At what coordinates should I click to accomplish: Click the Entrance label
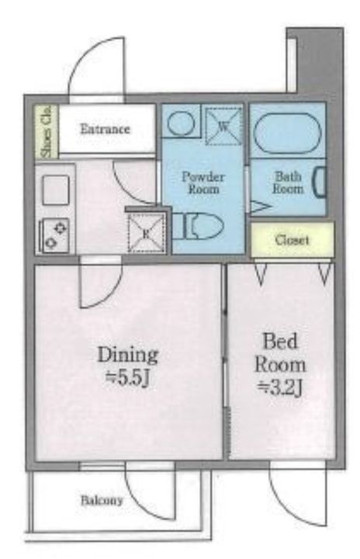coord(105,129)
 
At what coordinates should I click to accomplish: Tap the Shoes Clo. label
coord(47,132)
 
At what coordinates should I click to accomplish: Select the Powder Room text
coord(203,182)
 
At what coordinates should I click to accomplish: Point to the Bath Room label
coord(288,182)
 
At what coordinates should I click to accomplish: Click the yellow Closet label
coord(292,240)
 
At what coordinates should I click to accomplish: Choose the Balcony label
coord(102,501)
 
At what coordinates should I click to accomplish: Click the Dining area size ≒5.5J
coord(127,380)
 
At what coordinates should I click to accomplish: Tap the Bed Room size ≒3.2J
coord(280,389)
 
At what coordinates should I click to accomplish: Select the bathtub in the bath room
coord(287,134)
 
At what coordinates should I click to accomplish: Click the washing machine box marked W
coord(223,126)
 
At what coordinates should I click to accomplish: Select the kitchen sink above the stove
coord(56,190)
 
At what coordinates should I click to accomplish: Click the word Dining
coord(127,355)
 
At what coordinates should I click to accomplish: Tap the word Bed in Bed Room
coord(280,341)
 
